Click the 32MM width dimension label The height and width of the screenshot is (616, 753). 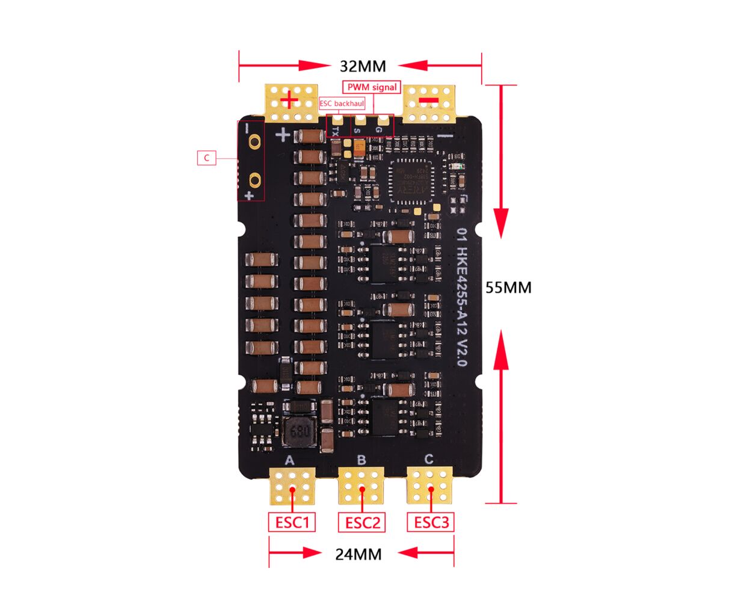click(x=363, y=66)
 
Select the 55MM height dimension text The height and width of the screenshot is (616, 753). click(x=508, y=288)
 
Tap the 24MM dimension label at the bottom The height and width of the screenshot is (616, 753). click(x=358, y=554)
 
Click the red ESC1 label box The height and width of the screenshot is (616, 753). click(x=292, y=522)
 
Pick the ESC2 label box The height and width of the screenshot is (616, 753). click(x=362, y=522)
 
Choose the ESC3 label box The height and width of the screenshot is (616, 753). click(x=431, y=522)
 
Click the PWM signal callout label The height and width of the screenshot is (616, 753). click(x=372, y=87)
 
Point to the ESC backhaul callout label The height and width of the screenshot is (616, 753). click(x=342, y=103)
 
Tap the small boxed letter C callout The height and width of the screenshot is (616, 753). click(x=206, y=158)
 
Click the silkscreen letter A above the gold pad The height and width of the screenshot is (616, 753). click(x=289, y=460)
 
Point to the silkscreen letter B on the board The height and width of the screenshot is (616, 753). click(x=361, y=460)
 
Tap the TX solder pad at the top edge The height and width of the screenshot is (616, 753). click(x=337, y=123)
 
